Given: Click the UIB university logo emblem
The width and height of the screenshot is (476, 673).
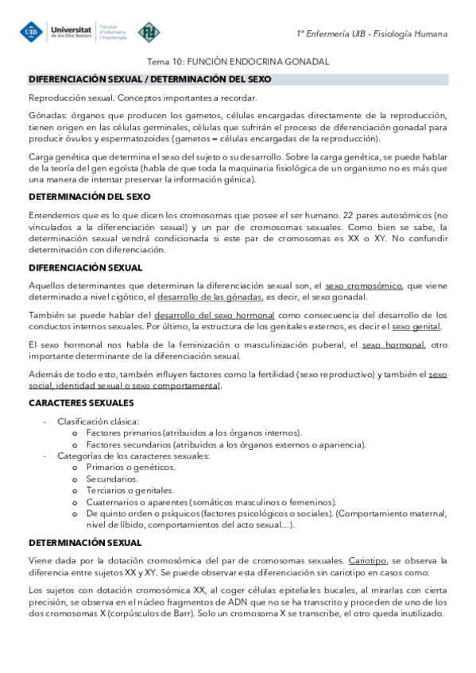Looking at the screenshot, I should coord(31,31).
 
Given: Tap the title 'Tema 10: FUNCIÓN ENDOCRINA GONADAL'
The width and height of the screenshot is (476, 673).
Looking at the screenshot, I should coord(238,62).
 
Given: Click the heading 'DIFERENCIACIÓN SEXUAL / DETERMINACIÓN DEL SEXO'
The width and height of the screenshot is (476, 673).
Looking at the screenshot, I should coord(150,79).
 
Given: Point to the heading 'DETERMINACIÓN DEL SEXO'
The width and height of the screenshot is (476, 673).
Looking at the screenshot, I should coord(90,196).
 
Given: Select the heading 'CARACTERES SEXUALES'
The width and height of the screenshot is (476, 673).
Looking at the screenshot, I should coord(81,404).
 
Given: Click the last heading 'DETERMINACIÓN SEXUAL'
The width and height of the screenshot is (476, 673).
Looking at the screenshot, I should coord(85,542).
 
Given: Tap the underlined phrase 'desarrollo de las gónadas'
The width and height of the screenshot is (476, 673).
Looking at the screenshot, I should coord(210,297).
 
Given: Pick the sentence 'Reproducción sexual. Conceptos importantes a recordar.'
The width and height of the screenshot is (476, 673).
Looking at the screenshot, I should coord(143,98).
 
